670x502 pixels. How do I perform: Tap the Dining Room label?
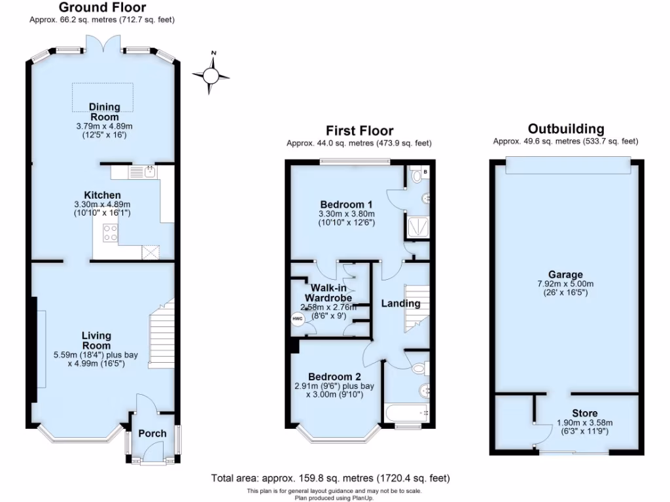104,112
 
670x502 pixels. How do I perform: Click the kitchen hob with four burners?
110,233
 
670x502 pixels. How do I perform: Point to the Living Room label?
96,341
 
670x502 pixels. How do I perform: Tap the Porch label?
152,433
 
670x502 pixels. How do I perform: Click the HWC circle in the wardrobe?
298,318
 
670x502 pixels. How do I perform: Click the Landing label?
401,303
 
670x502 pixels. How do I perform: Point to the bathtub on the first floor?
406,413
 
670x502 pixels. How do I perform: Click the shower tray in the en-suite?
416,227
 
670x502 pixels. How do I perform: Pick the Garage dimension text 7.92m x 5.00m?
566,284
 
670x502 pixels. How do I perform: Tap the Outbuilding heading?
566,129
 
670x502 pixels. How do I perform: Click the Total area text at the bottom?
330,478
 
